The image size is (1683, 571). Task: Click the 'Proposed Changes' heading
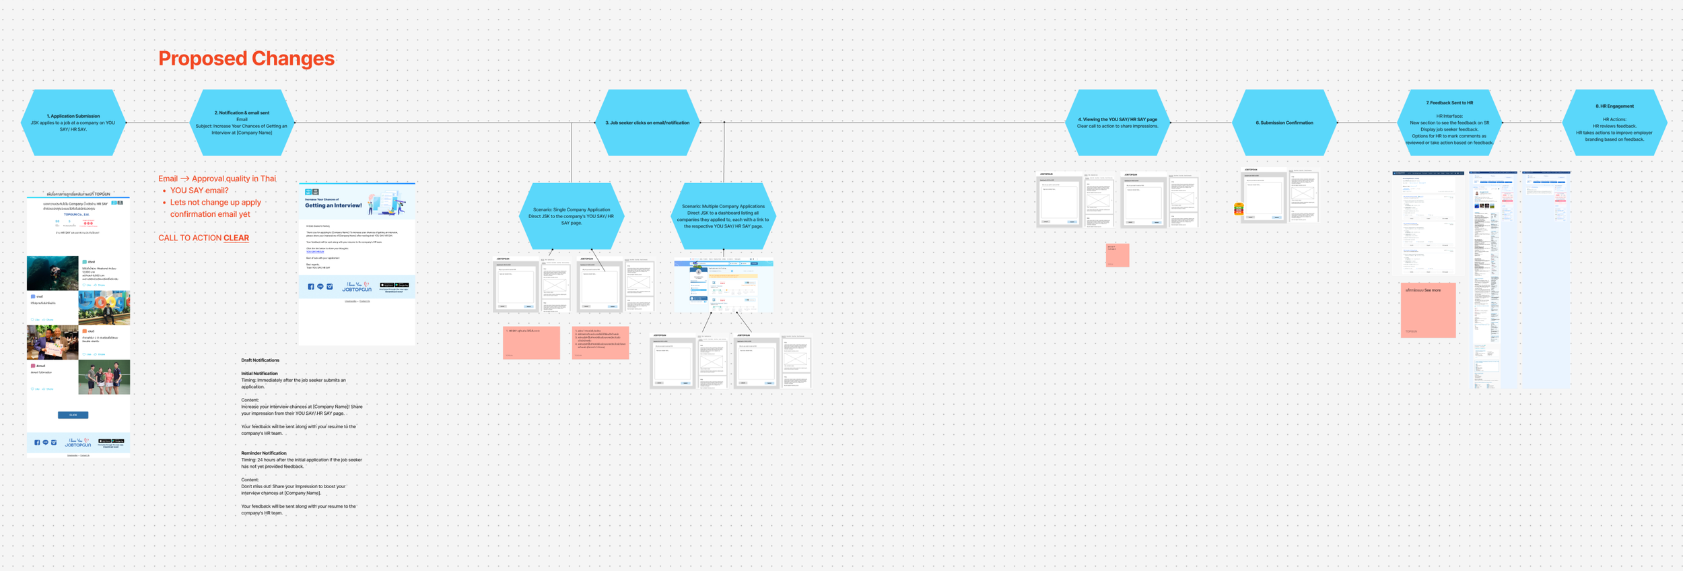coord(246,59)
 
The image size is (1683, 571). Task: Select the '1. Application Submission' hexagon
coord(73,123)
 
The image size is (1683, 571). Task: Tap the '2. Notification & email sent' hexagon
coord(242,123)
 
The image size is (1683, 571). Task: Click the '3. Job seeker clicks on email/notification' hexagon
coord(647,123)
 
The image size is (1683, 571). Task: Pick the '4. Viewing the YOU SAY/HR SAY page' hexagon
coord(1118,123)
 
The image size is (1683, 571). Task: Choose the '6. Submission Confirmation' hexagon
coord(1284,123)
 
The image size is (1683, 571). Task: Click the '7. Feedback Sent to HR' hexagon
coord(1449,123)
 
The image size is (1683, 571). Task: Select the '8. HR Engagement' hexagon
coord(1614,123)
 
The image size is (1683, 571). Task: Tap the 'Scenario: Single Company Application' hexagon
coord(572,216)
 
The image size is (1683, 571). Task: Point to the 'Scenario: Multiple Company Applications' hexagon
coord(723,216)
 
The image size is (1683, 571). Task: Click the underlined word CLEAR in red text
coord(236,238)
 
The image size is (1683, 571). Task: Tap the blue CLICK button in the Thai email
coord(73,415)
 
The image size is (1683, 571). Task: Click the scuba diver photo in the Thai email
coord(53,273)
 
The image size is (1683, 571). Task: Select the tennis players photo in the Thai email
coord(104,377)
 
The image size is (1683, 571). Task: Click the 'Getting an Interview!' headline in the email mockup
coord(333,205)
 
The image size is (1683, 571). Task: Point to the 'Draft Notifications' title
coord(260,360)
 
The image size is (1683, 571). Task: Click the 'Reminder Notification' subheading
coord(264,453)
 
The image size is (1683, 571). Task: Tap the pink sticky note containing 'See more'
coord(1428,310)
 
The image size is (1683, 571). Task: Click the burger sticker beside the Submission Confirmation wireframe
coord(1239,209)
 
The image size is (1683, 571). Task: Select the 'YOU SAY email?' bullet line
coord(199,191)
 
